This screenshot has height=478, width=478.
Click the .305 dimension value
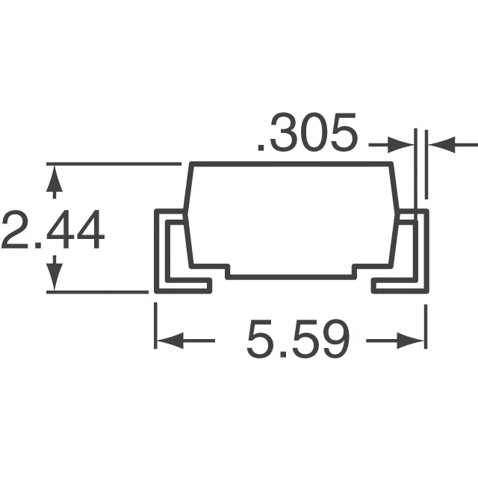click(306, 135)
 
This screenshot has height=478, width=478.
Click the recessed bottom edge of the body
click(299, 275)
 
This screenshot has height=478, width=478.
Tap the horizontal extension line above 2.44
click(112, 163)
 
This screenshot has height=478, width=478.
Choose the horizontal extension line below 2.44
click(97, 292)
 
